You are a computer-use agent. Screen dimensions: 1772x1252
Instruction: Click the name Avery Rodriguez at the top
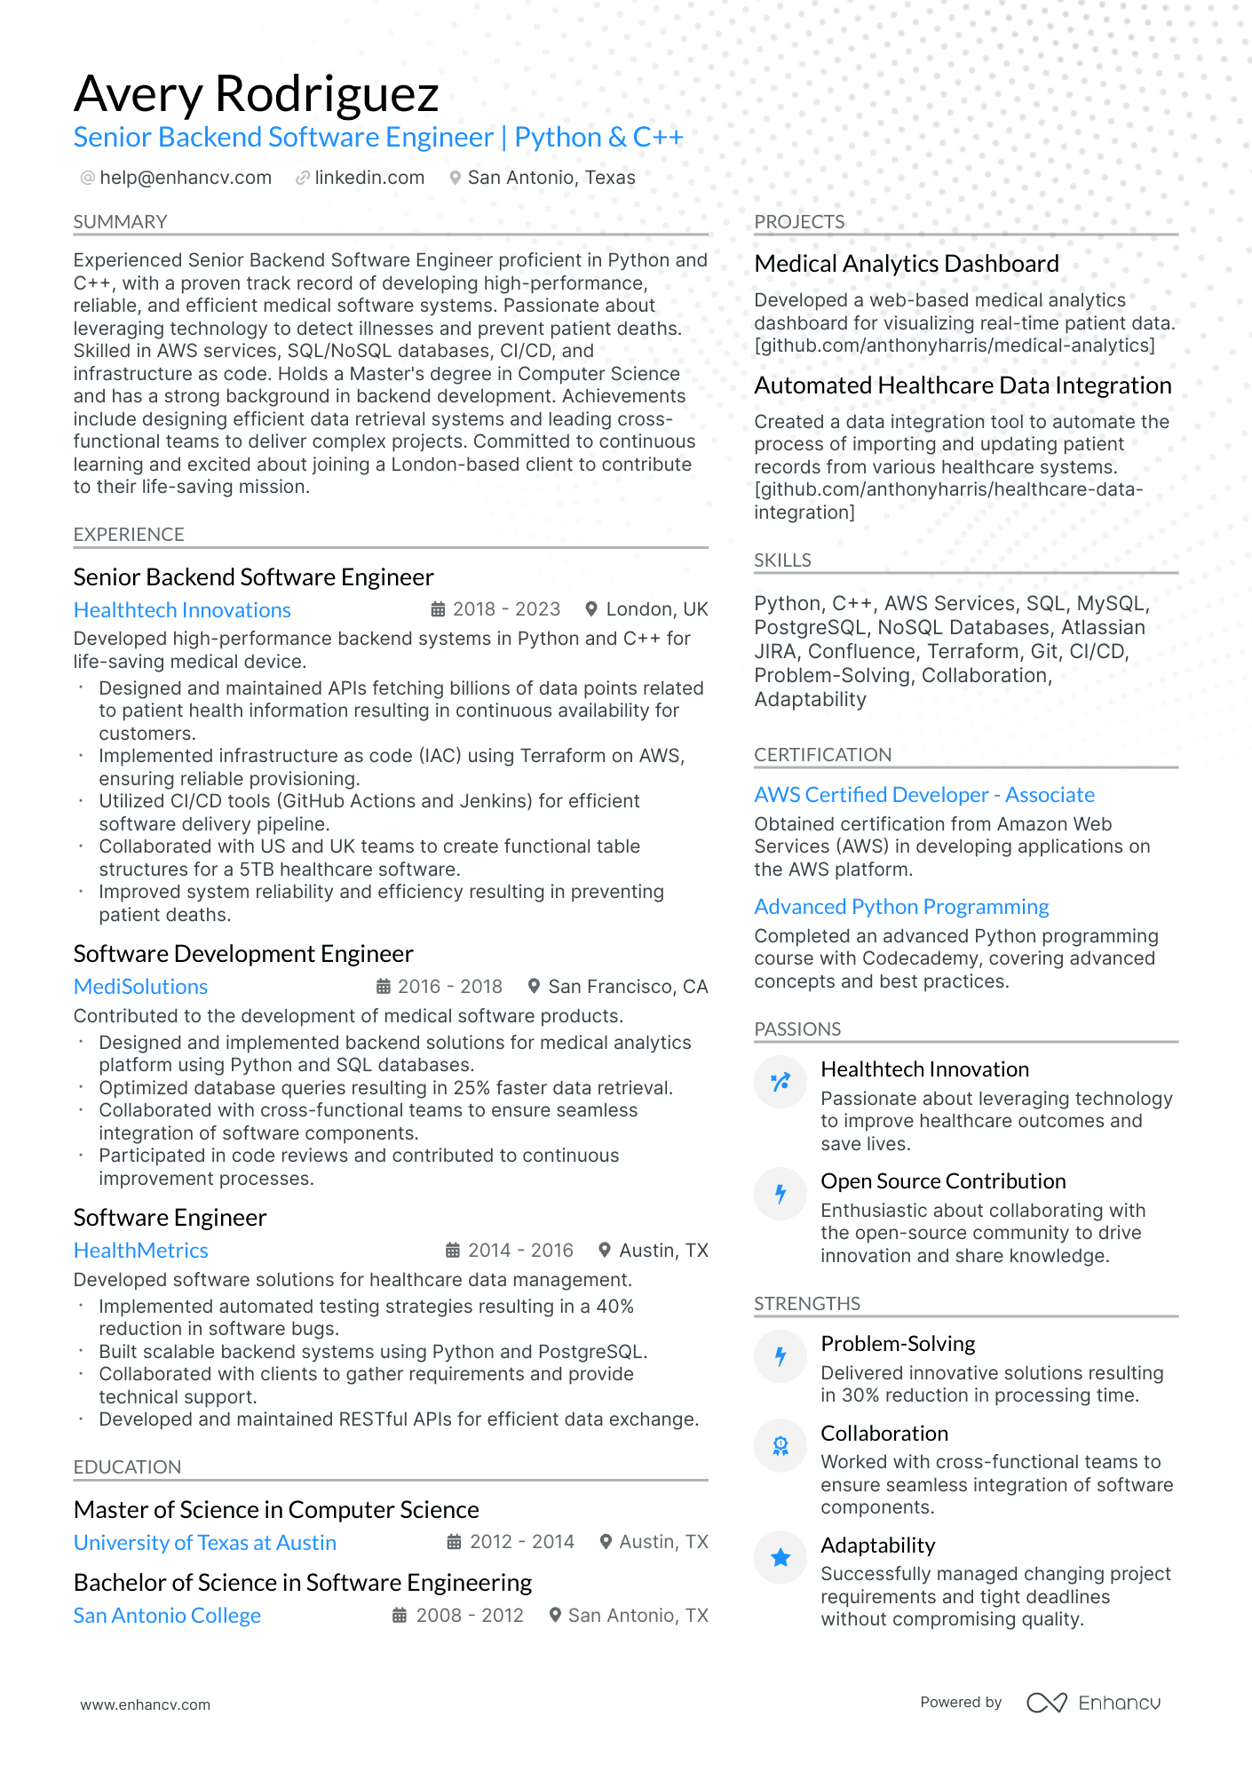pos(256,93)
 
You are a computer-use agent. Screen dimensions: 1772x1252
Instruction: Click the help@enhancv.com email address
pos(186,178)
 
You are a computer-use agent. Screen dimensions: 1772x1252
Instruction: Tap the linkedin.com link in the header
pos(369,178)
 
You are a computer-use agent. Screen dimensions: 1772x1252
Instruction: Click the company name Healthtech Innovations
pos(182,610)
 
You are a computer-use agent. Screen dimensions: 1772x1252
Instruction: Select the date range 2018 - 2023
pos(506,609)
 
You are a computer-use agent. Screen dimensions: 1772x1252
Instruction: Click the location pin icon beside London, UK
pos(591,609)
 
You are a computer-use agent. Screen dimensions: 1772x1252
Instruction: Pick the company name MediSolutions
pos(140,987)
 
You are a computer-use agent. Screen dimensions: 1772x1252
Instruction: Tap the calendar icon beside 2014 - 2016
pos(453,1251)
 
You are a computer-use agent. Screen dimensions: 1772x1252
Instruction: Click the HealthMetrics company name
pos(140,1251)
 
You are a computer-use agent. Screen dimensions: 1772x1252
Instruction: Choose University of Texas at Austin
pos(204,1543)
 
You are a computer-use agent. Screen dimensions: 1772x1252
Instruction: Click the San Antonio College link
pos(167,1616)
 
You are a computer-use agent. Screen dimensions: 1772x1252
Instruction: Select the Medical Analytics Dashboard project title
pos(906,264)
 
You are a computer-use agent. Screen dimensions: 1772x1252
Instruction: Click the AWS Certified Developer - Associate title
pos(923,795)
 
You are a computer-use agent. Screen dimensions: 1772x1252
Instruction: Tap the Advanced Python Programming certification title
pos(901,907)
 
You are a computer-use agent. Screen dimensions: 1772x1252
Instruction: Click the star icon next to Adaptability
pos(781,1558)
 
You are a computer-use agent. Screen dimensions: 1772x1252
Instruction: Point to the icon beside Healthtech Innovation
pos(781,1082)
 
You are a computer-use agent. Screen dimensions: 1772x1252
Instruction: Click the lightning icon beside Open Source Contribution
pos(781,1194)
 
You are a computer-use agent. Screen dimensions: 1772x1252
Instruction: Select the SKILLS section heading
pos(782,560)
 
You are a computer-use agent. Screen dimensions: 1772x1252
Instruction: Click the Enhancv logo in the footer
pos(1093,1703)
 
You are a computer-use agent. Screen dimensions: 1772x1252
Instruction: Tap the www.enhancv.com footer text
pos(146,1704)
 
